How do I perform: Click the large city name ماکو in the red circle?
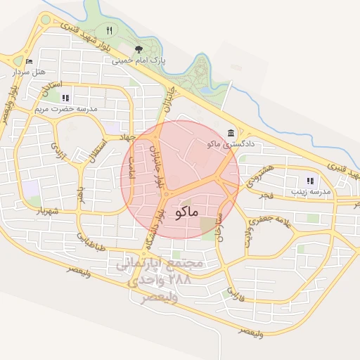(185, 211)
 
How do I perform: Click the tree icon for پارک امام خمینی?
(138, 49)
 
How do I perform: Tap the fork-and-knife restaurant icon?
(108, 30)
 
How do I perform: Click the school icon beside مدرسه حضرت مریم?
(65, 98)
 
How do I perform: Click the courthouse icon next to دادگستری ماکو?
(231, 133)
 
